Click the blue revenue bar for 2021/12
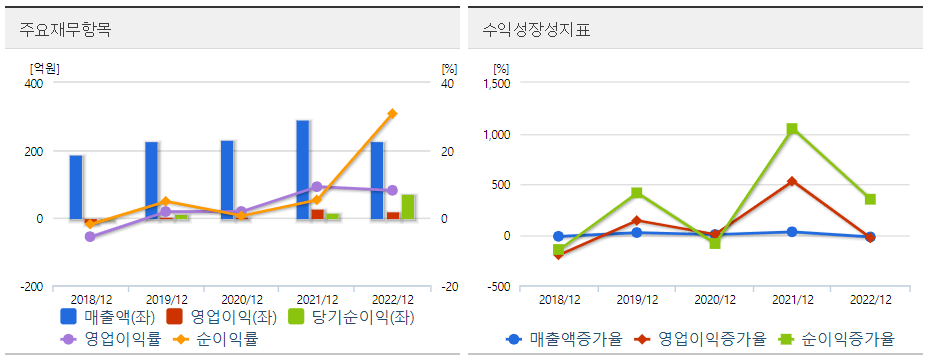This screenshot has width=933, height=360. (x=302, y=169)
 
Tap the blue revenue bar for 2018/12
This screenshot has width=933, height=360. (x=76, y=187)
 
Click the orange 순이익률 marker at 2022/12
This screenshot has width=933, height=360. (x=392, y=114)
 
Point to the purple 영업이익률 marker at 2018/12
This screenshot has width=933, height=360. (x=90, y=237)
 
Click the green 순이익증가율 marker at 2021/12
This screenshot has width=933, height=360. (x=792, y=128)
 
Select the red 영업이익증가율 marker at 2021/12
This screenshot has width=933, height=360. (x=792, y=182)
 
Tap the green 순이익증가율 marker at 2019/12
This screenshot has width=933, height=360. (x=636, y=192)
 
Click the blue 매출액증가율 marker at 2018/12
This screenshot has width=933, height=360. (x=558, y=237)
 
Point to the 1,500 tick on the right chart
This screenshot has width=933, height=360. (x=496, y=84)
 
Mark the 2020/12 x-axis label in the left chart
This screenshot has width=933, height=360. (x=242, y=299)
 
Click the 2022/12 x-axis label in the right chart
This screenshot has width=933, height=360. (x=870, y=299)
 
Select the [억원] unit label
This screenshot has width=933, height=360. (x=45, y=69)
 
